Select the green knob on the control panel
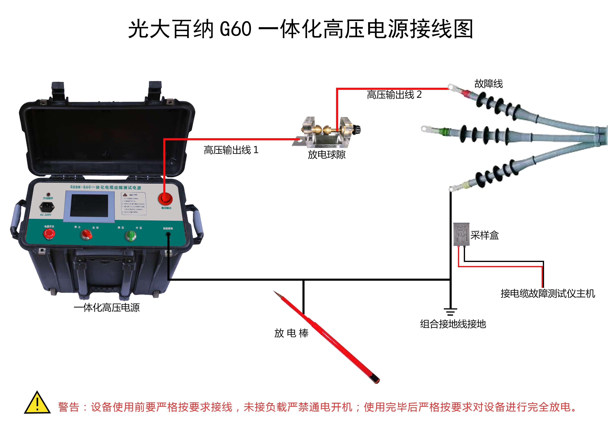pos(131,235)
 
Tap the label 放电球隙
pos(327,155)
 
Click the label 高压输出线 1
pos(231,150)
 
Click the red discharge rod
pos(331,339)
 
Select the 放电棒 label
pos(291,333)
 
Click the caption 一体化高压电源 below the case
pos(107,308)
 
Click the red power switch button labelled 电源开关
pos(49,234)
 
